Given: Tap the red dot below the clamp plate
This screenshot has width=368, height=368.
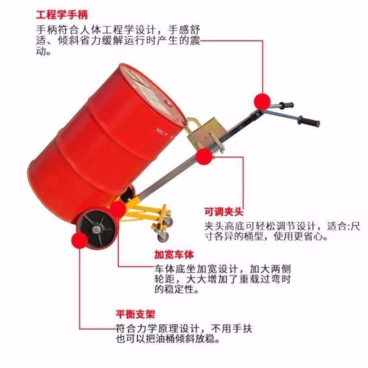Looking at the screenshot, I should click(204, 158).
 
